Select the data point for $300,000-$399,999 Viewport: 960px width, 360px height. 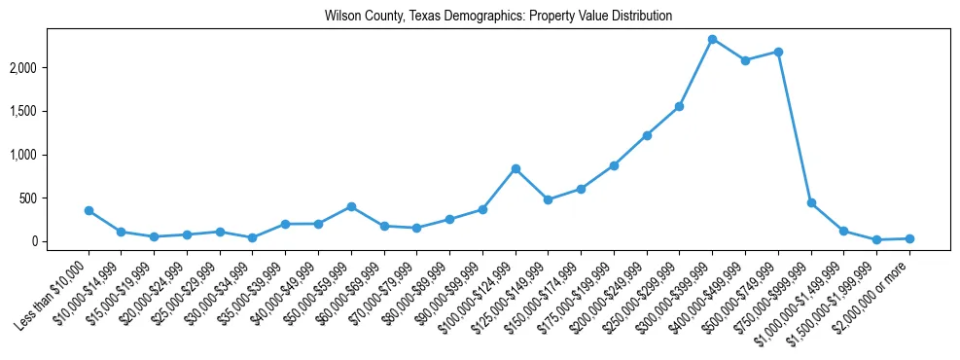(712, 39)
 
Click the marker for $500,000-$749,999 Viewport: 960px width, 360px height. (778, 52)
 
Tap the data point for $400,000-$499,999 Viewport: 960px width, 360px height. (745, 60)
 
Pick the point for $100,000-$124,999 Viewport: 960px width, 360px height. (516, 168)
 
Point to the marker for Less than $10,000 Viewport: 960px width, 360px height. (89, 210)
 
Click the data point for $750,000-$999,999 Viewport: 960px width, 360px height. (811, 202)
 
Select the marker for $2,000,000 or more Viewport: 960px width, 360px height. (909, 238)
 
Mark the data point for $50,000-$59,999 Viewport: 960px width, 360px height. (351, 206)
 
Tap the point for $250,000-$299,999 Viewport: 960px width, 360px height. (679, 106)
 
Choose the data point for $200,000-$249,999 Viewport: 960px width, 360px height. (647, 135)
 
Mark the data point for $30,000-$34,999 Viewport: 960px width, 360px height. (253, 237)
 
